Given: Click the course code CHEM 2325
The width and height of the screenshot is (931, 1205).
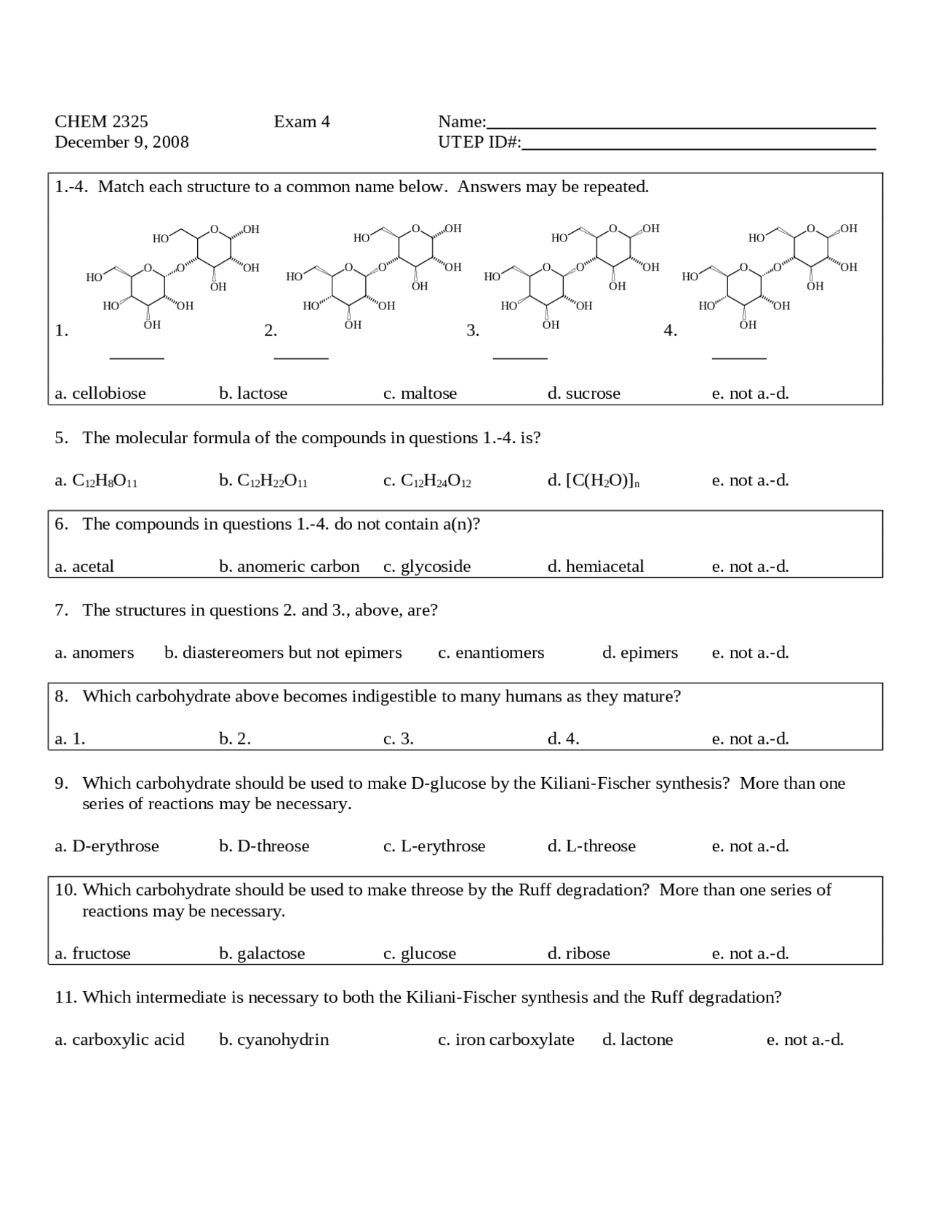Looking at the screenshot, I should click(101, 122).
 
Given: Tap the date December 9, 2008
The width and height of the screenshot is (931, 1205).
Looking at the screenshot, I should click(121, 142).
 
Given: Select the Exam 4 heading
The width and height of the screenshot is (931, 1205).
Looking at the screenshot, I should click(302, 122).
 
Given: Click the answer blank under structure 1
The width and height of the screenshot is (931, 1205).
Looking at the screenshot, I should click(136, 356).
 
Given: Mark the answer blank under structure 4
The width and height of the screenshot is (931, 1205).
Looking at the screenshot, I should click(739, 356).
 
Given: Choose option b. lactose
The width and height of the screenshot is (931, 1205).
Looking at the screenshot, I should click(253, 394).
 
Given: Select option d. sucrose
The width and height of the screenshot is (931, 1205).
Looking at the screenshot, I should click(583, 394).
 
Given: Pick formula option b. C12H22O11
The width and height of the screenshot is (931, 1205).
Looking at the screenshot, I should click(263, 481).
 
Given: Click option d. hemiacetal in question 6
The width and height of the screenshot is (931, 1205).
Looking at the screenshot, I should click(595, 567).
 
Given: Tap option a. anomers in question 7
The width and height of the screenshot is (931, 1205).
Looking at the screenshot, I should click(95, 653).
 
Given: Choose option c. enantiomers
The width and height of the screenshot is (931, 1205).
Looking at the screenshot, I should click(491, 653).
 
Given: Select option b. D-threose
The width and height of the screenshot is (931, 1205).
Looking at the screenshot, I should click(264, 846).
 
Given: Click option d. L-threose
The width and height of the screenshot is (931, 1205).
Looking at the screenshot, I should click(591, 846).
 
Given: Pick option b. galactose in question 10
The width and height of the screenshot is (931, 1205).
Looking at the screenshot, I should click(262, 954).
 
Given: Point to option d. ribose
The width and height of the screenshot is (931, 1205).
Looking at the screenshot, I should click(578, 954).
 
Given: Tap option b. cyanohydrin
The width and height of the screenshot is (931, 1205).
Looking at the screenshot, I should click(273, 1040).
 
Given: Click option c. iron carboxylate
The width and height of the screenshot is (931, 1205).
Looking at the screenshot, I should click(506, 1040).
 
